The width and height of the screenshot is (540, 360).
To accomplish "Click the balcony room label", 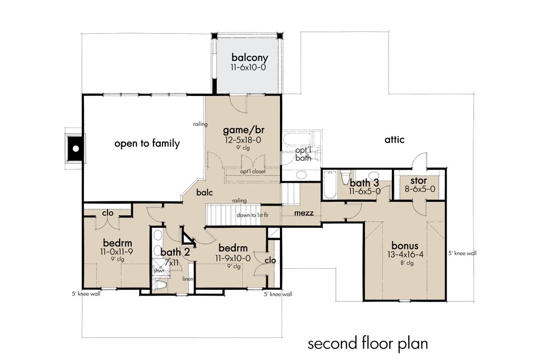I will [x=249, y=58].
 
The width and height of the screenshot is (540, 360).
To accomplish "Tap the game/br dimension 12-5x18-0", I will [x=242, y=140].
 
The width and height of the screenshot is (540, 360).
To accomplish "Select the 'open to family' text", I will [x=147, y=143].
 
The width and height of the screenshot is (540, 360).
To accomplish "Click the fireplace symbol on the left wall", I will [x=76, y=149].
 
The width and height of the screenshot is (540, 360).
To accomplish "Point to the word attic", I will [x=394, y=140].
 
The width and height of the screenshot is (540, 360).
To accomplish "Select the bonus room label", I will [x=405, y=246].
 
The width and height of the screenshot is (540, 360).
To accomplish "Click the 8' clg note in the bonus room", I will [x=406, y=263].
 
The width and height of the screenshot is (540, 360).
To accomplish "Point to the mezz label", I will [x=304, y=213].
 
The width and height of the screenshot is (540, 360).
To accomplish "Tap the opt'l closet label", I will [x=253, y=172].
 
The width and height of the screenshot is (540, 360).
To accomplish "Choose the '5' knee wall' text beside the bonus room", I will [x=462, y=253].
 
